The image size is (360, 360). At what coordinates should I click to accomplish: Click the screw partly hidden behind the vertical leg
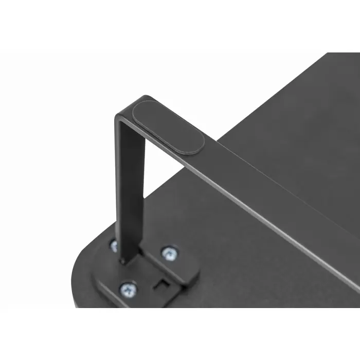pyautogui.click(x=114, y=246)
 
